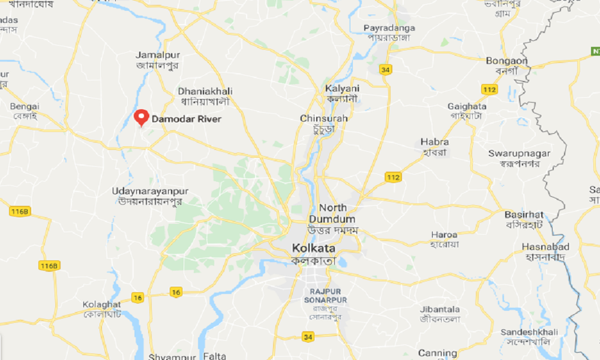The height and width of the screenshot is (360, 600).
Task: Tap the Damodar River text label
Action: (186, 119)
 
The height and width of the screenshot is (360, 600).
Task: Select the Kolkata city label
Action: (314, 248)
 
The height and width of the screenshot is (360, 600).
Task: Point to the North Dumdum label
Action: (332, 214)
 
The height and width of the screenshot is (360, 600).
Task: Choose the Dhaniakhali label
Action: (205, 91)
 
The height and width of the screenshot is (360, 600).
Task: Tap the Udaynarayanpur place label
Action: (150, 191)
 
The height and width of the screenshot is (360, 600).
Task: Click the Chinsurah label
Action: (324, 119)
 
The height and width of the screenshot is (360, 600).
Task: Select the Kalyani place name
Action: (341, 88)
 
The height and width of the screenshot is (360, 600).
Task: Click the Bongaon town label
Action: (506, 61)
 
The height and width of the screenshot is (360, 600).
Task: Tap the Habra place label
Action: (435, 142)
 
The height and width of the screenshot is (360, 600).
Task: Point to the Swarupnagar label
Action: (519, 154)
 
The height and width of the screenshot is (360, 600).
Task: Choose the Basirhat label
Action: (524, 215)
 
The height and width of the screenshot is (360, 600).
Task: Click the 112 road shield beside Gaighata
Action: (489, 89)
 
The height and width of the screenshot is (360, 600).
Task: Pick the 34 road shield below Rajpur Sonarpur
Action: (308, 337)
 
